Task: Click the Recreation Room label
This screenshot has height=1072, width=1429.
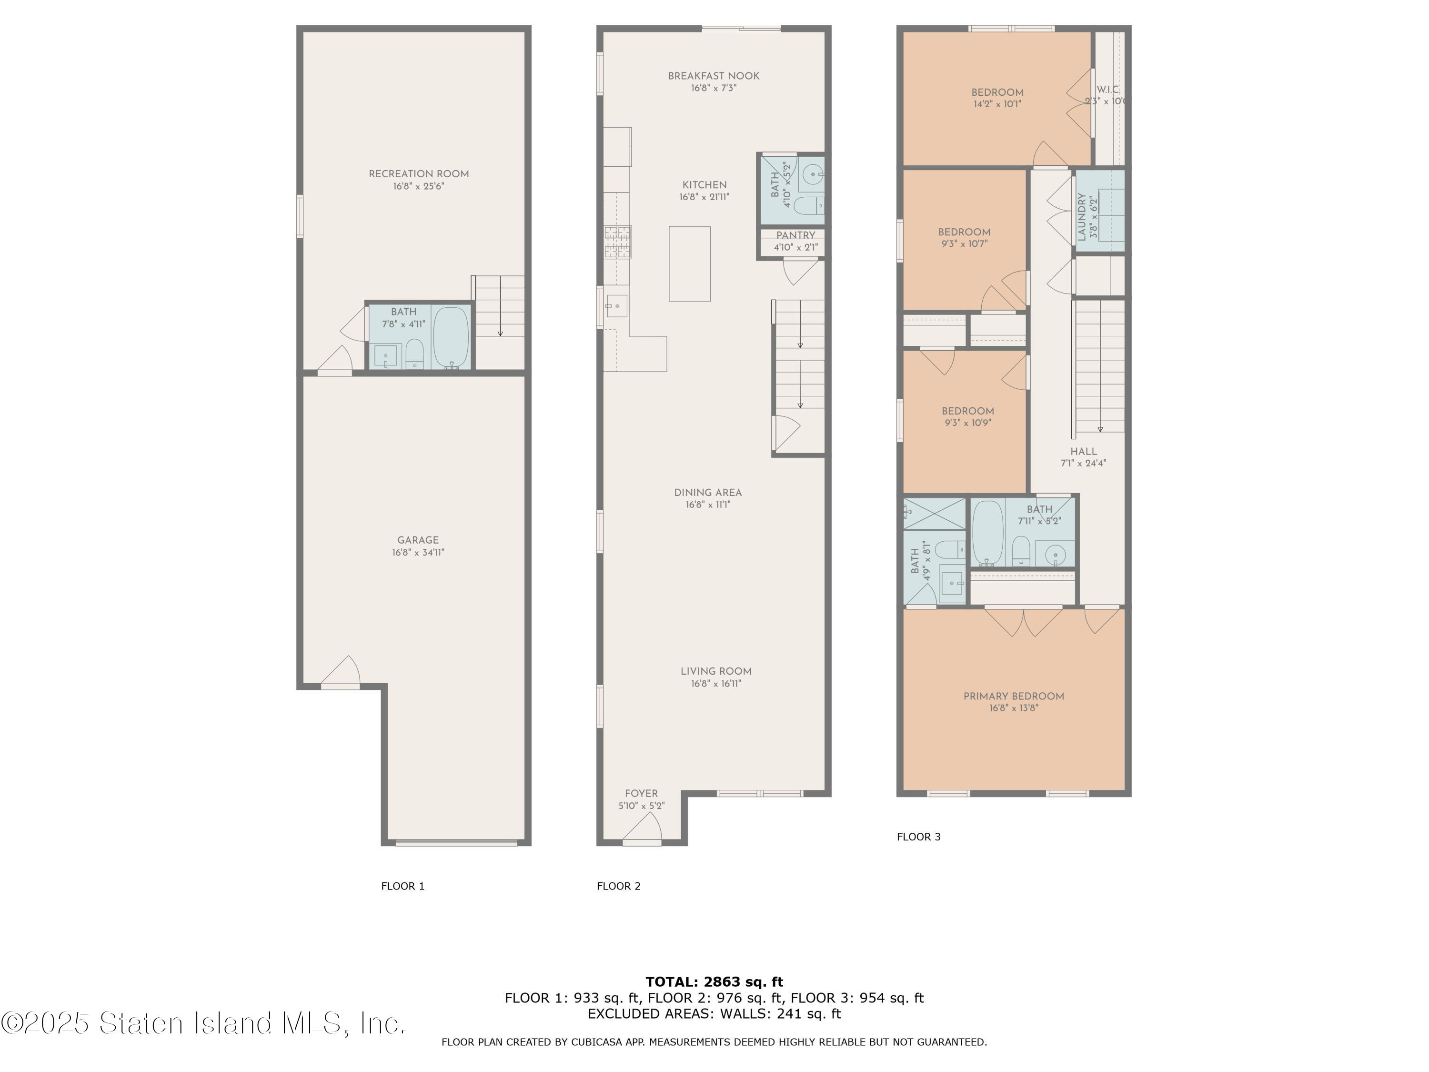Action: point(419,174)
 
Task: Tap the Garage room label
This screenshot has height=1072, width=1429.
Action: point(418,540)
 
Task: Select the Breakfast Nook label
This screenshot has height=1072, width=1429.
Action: point(714,76)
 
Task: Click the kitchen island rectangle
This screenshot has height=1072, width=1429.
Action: point(689,263)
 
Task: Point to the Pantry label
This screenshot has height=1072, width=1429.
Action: point(796,235)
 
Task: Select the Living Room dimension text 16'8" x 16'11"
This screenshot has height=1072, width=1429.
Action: point(716,684)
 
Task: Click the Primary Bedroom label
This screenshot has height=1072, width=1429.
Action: point(1014,696)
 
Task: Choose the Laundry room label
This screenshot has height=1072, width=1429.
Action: point(1082,217)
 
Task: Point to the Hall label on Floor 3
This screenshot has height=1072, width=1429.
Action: point(1083,452)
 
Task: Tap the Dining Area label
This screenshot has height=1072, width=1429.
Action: point(708,492)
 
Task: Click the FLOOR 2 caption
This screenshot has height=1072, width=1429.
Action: point(619,886)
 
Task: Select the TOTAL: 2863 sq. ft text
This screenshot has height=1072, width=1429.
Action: point(714,982)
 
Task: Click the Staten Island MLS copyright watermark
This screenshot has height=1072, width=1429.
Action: point(203,1023)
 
